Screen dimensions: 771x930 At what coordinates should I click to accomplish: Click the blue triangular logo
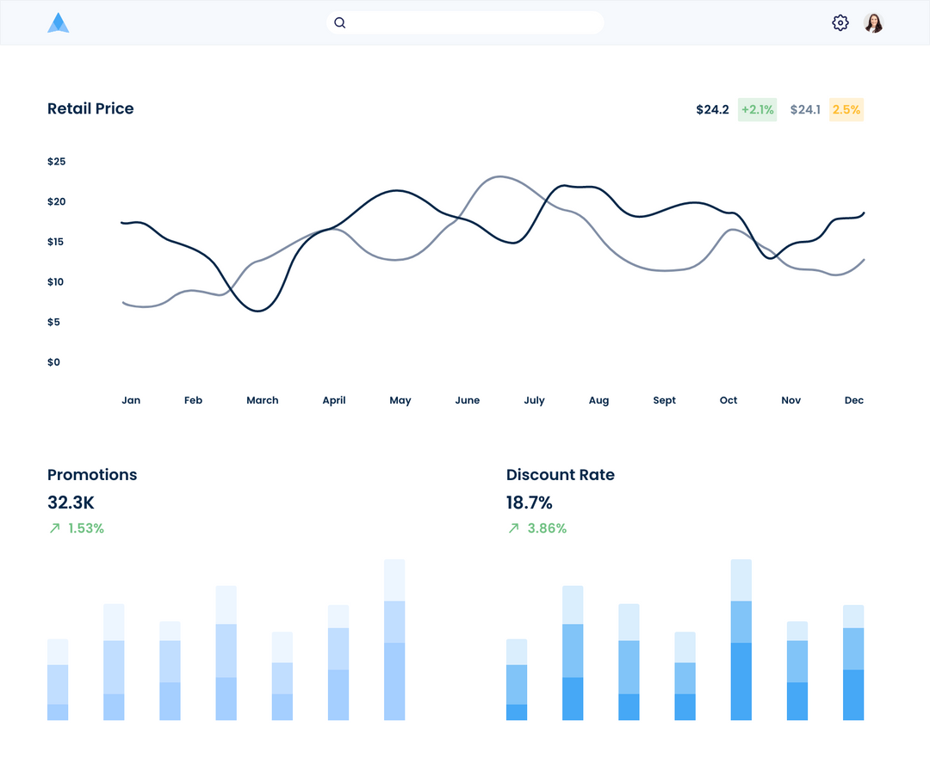point(58,23)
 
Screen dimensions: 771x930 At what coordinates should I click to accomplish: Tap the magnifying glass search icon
point(340,23)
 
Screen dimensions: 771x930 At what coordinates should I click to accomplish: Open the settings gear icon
point(840,23)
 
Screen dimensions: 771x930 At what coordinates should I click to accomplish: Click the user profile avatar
point(874,23)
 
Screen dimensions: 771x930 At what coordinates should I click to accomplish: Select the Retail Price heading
point(90,108)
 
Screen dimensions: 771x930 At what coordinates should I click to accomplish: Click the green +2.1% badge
point(757,109)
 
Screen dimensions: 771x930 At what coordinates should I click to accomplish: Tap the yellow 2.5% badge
point(846,109)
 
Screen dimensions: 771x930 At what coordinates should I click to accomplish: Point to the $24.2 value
point(712,109)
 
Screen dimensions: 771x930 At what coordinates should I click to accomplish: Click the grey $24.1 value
point(805,109)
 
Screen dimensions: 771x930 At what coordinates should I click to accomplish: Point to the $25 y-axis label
point(57,162)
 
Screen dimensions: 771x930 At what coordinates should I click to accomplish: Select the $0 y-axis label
point(54,362)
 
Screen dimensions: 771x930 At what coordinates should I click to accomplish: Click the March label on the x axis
point(263,400)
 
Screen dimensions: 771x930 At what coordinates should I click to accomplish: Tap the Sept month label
point(664,400)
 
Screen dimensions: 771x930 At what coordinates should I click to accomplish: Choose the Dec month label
point(853,400)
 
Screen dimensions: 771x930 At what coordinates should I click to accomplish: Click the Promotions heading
point(92,475)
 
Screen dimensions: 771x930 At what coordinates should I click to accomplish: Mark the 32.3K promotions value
point(71,503)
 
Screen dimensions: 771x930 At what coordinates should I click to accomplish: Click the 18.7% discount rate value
point(530,503)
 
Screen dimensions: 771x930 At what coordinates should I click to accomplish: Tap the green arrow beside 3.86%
point(514,528)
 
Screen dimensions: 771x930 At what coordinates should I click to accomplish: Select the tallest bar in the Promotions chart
point(394,640)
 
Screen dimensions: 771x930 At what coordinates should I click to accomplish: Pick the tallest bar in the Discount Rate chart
point(741,640)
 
